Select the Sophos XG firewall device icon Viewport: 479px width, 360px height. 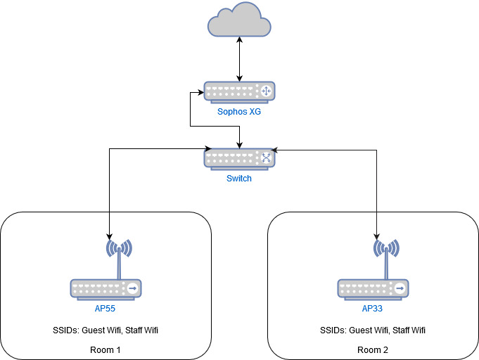tap(239, 91)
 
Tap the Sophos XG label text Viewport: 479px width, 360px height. tap(239, 112)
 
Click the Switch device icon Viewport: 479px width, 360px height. tap(239, 158)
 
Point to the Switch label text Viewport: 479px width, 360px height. tap(239, 179)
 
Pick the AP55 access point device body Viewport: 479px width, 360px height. tap(106, 288)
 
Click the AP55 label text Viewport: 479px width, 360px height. tap(106, 309)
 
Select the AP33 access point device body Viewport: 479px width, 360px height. tap(373, 288)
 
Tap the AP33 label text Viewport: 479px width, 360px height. tap(373, 309)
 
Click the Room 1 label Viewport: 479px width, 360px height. tap(106, 349)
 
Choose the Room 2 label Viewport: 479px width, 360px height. tap(373, 349)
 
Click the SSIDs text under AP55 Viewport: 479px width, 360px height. tap(106, 330)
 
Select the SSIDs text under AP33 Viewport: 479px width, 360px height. tap(373, 330)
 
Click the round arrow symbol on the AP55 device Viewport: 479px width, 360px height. tap(132, 288)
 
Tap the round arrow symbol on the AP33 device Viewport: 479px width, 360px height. tap(400, 288)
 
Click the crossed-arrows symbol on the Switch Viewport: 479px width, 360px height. tap(266, 158)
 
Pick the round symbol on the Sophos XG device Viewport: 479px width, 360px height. tap(266, 91)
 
